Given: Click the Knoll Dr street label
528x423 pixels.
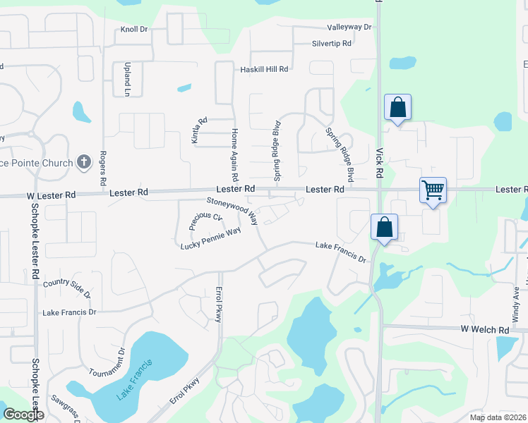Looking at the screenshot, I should point(133,30).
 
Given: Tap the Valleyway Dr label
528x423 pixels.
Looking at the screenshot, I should point(349,27).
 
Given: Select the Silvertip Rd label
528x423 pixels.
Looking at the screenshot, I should point(332,44).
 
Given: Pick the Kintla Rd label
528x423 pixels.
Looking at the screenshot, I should point(199,130).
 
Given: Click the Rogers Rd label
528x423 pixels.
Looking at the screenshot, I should point(103,168).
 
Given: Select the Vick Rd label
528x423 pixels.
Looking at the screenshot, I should point(379,162).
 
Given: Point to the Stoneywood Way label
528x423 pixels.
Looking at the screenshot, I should point(232,209).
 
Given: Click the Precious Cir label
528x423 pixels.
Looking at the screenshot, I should point(206,222).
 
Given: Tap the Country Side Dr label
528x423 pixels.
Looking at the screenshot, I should point(67,288).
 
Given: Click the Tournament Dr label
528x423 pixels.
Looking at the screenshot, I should point(107,362).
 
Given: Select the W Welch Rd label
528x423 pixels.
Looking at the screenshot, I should point(484,330).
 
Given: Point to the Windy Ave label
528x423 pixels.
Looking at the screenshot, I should point(515,299).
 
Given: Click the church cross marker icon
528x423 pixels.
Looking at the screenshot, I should point(83,162).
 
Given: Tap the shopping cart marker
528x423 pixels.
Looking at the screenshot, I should point(433,190).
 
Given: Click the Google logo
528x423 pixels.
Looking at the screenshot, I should point(24,415).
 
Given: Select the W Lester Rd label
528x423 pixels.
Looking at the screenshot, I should point(52,195).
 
